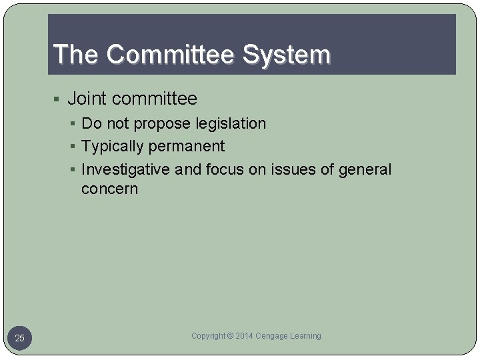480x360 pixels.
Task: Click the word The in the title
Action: point(75,55)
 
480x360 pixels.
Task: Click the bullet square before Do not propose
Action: point(75,124)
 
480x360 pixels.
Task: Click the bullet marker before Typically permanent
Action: point(75,147)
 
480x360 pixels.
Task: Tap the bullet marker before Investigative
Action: point(75,170)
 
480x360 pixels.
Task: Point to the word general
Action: point(365,169)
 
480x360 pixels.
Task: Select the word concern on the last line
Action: point(109,189)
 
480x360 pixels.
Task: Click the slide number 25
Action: point(19,339)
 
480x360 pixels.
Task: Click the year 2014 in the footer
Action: point(244,336)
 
